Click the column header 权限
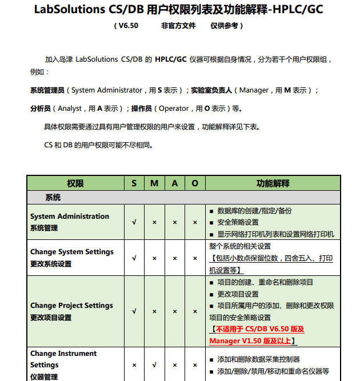click(75, 183)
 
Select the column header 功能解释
click(273, 183)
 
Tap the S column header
click(134, 183)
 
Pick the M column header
click(154, 183)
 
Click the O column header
click(195, 183)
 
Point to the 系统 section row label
click(53, 198)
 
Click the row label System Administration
click(70, 216)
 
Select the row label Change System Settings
click(72, 252)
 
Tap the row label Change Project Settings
click(72, 306)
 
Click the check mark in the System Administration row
click(134, 222)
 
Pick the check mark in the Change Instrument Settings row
click(154, 364)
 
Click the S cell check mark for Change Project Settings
click(134, 311)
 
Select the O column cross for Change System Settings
click(195, 258)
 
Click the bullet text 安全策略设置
click(238, 222)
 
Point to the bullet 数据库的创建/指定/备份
click(254, 211)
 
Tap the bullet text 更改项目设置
click(238, 294)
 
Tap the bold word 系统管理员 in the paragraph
click(47, 90)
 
